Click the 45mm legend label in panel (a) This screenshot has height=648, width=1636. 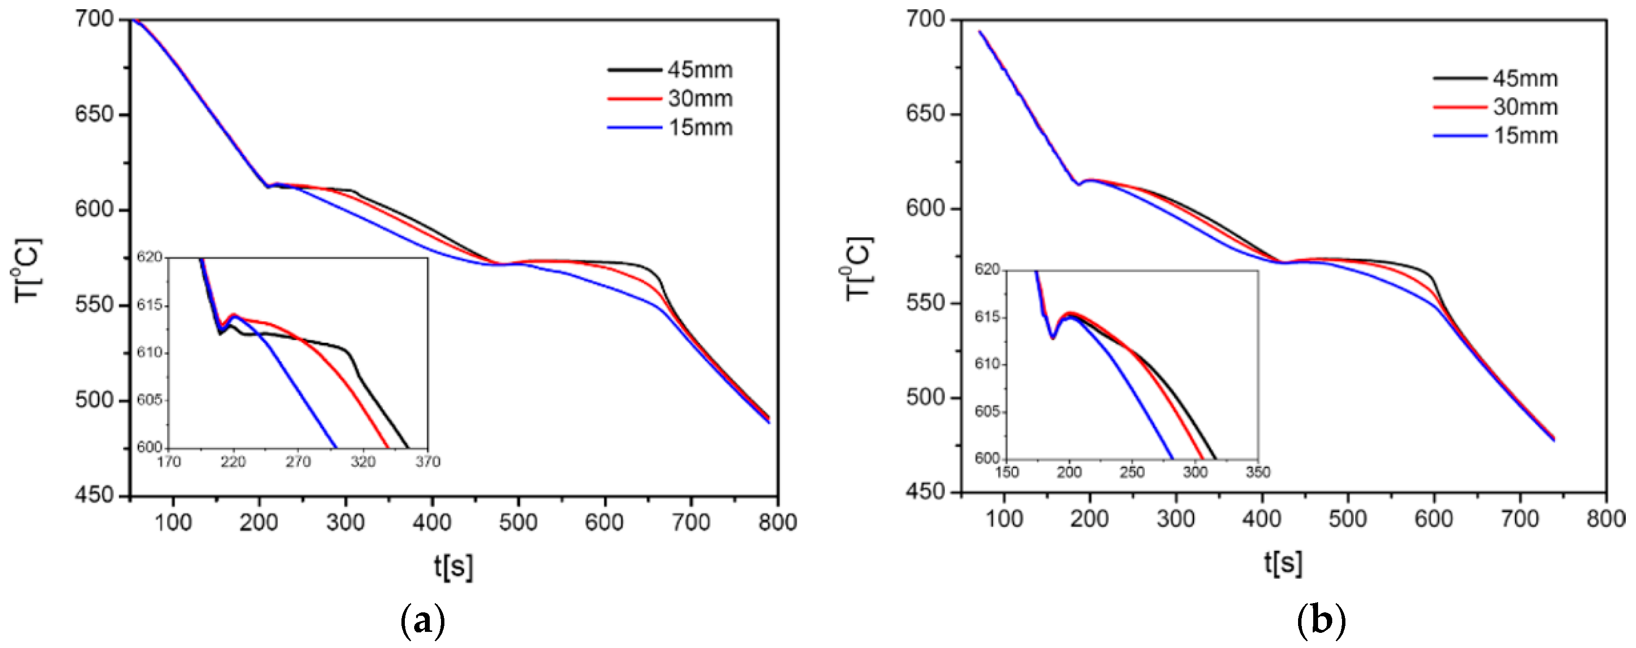coord(700,70)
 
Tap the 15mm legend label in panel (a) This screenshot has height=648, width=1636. coord(700,127)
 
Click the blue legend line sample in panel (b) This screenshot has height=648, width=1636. coord(1459,136)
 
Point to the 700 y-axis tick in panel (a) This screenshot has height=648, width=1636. coord(94,19)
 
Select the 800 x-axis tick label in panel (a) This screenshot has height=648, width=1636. coord(777,522)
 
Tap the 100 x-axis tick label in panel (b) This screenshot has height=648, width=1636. coord(1004,519)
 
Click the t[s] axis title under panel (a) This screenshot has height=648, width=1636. coord(454,565)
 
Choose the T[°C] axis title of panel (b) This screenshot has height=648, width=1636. coord(859,268)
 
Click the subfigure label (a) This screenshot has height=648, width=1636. coord(423,621)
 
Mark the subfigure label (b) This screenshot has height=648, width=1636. coord(1321,621)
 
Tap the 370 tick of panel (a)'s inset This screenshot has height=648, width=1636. coord(427,462)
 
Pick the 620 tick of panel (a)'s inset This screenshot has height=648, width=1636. coord(150,257)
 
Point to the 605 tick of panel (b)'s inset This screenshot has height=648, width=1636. coord(987,412)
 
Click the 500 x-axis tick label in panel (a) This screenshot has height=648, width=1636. coord(518,522)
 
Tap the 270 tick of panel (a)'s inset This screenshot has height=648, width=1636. coord(298,462)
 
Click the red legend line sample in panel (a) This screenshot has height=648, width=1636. coord(634,99)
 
